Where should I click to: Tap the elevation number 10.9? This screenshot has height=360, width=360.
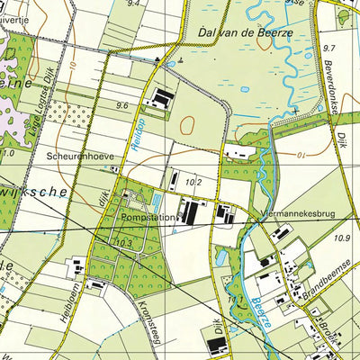click(x=340, y=238)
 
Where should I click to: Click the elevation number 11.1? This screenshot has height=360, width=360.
click(x=236, y=299)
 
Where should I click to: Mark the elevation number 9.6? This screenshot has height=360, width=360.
click(x=122, y=105)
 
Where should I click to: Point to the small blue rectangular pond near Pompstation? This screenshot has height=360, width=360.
click(x=159, y=200)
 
